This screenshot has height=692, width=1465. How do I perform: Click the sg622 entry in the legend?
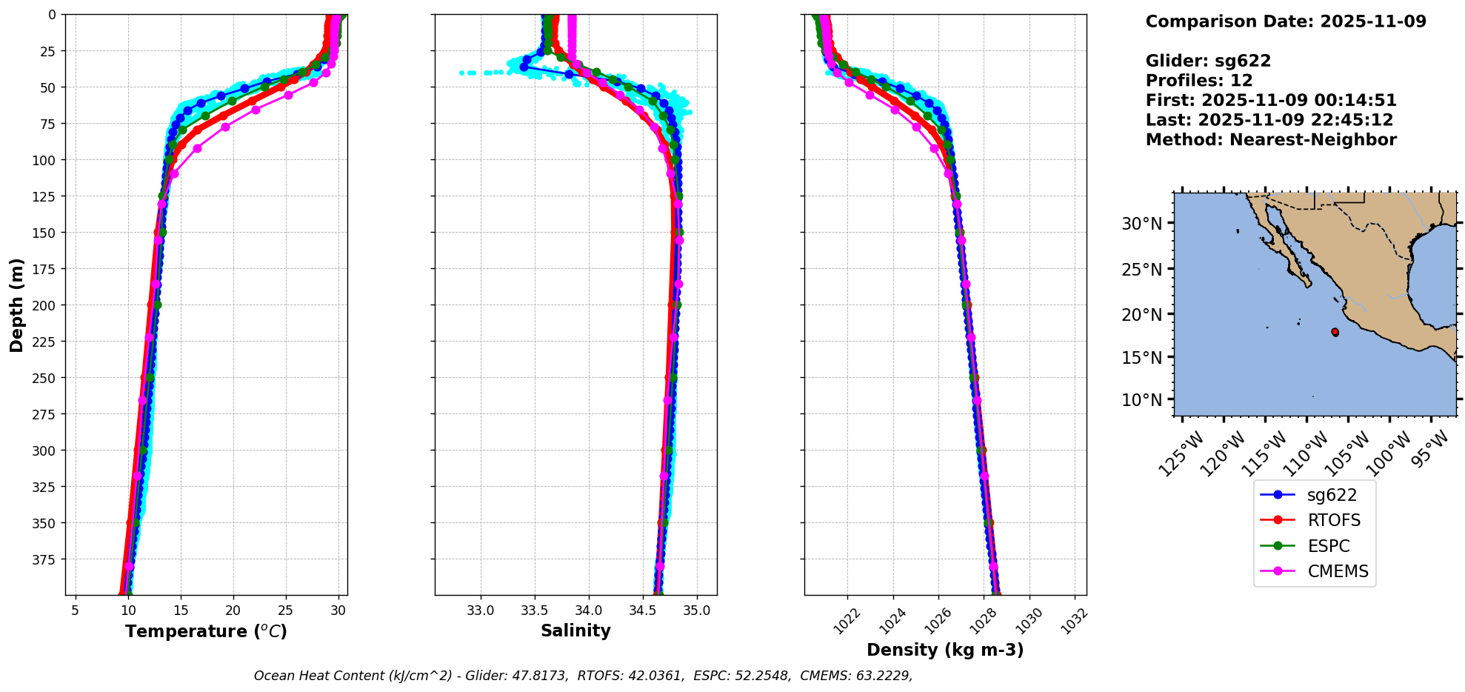[x=1331, y=495]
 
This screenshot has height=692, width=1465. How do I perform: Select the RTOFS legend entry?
[x=1333, y=520]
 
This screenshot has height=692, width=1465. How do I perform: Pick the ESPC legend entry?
[x=1328, y=546]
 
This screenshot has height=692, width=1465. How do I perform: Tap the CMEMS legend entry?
[x=1337, y=571]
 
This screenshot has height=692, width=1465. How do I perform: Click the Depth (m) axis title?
[x=17, y=305]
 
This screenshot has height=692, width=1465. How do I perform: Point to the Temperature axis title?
[x=206, y=631]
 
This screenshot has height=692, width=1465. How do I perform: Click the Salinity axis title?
[x=575, y=631]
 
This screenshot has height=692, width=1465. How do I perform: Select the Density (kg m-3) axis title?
[x=945, y=650]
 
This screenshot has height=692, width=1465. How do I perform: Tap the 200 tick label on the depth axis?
[x=45, y=305]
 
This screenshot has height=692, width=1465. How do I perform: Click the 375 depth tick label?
[x=45, y=559]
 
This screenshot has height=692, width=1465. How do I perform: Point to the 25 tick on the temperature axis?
[x=286, y=611]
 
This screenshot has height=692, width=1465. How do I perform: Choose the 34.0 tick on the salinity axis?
[x=589, y=611]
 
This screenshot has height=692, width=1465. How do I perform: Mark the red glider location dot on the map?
[x=1335, y=332]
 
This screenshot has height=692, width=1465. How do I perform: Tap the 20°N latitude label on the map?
[x=1141, y=315]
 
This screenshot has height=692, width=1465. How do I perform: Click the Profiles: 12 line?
[x=1199, y=81]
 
